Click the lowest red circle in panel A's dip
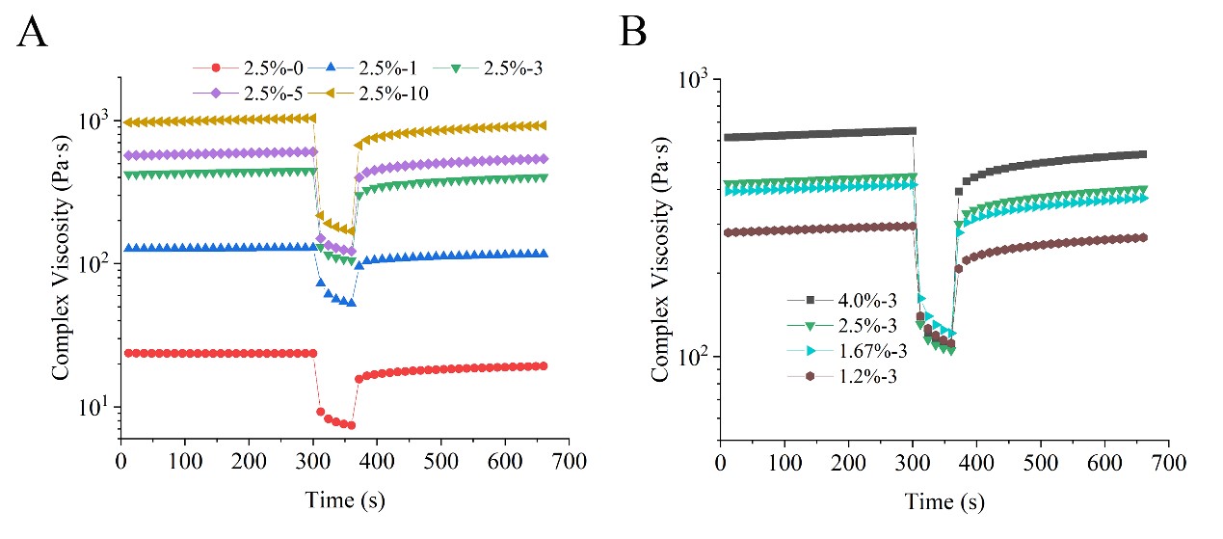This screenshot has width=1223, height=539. click(352, 425)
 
